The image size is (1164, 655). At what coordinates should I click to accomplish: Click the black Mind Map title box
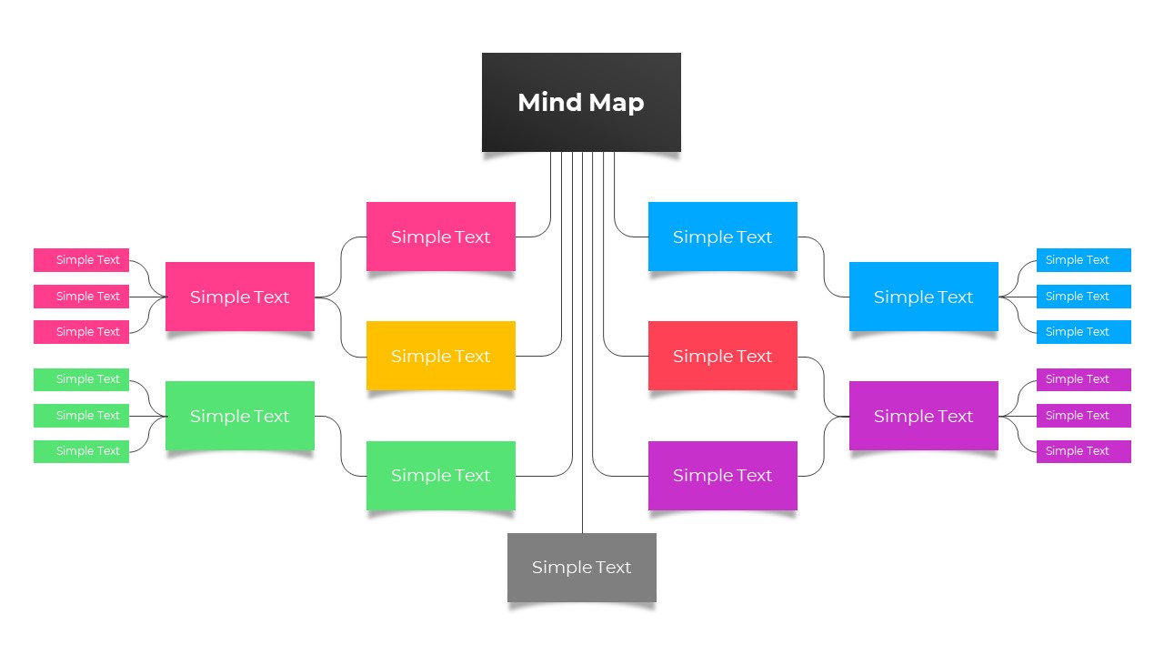581,102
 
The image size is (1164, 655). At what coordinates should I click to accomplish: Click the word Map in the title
616,103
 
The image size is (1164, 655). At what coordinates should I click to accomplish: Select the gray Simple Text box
581,567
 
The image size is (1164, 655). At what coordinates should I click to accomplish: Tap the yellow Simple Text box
440,356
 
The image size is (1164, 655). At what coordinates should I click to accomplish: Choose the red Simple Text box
722,356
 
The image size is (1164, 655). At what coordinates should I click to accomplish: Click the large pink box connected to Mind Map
440,237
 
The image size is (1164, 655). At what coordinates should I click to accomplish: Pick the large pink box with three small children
239,297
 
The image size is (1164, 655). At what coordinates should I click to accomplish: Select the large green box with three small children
239,416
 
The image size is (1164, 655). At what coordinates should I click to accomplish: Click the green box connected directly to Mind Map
440,475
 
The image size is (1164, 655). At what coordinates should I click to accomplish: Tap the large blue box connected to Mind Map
722,237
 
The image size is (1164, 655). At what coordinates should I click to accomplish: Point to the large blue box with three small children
923,297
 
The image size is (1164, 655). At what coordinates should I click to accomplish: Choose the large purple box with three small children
923,416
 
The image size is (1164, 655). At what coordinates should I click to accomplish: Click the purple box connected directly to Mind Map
722,475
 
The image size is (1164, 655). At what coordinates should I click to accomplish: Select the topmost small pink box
81,260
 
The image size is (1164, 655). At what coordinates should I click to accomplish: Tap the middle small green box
81,416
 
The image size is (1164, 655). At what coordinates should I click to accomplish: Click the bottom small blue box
1083,332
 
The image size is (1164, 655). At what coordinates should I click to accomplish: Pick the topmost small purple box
1083,379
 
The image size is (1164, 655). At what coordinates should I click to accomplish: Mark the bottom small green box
81,451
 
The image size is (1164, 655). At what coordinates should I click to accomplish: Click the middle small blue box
1083,297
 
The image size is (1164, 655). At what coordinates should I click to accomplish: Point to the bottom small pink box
81,332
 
